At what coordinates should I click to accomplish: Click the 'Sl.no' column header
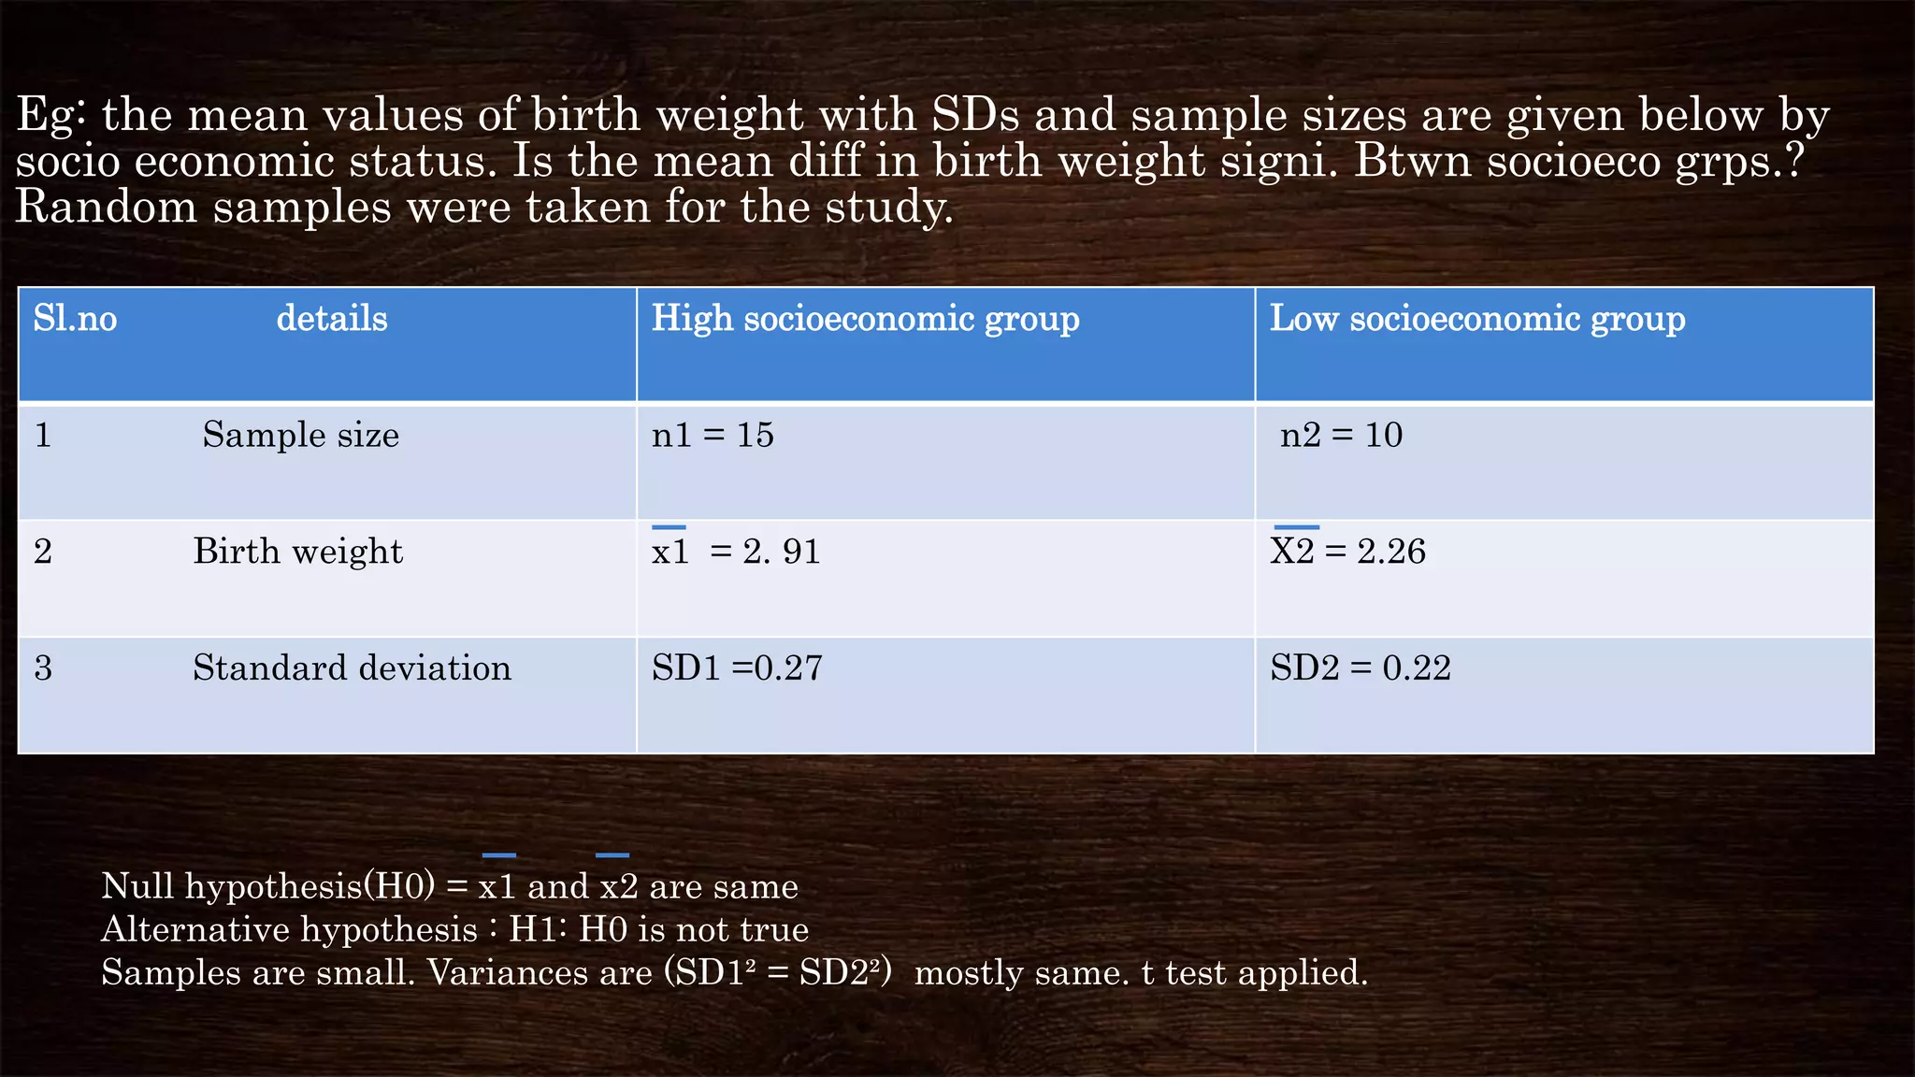tap(75, 320)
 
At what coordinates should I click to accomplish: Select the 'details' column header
tap(332, 320)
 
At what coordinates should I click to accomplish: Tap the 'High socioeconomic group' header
tap(865, 320)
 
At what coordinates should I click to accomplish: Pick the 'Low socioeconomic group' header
tap(1477, 320)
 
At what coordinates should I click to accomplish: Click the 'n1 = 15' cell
tap(713, 436)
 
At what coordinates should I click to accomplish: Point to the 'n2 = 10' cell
tap(1341, 436)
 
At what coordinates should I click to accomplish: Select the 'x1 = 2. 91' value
tap(736, 552)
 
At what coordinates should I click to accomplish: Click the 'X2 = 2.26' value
tap(1347, 552)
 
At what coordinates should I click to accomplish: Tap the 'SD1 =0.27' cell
tap(737, 668)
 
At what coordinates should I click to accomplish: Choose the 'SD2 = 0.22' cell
tap(1360, 668)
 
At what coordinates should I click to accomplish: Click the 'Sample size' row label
tap(300, 436)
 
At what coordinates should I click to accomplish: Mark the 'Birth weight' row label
tap(297, 552)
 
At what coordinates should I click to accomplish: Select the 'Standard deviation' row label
tap(352, 668)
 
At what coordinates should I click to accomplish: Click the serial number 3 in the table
tap(43, 668)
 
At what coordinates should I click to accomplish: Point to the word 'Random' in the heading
tap(106, 207)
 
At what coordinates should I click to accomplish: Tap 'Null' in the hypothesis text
tap(137, 886)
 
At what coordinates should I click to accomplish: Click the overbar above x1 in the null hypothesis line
tap(498, 855)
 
